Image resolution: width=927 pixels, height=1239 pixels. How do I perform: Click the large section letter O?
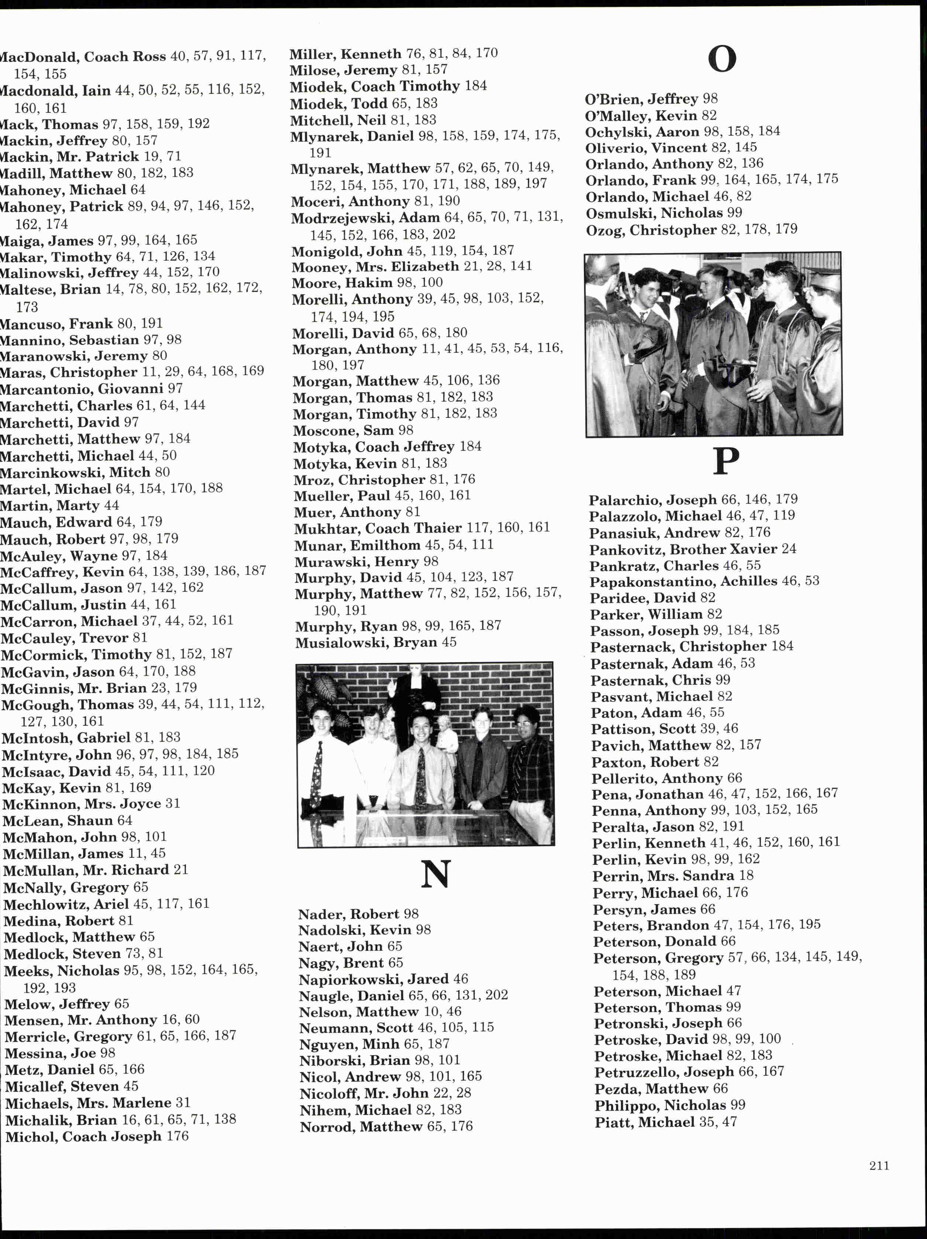coord(722,59)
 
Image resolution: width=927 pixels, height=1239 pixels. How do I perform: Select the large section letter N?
coord(435,874)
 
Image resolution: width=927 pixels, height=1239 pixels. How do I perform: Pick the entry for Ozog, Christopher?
coord(651,230)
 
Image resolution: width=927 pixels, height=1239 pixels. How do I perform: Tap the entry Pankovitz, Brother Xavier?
coord(683,549)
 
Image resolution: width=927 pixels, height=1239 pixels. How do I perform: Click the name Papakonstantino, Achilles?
coord(683,582)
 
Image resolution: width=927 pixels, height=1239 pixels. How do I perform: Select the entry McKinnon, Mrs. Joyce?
coord(82,804)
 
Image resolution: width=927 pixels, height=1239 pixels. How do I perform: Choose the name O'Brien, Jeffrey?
coord(641,99)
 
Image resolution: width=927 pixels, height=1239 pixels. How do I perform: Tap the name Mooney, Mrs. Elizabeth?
coord(375,267)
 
